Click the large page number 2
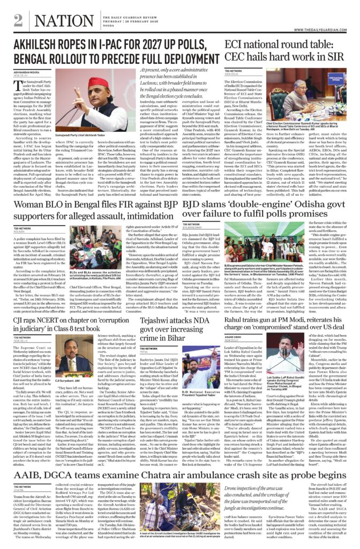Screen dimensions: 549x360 18,20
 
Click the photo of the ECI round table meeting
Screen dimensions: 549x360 309,94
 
